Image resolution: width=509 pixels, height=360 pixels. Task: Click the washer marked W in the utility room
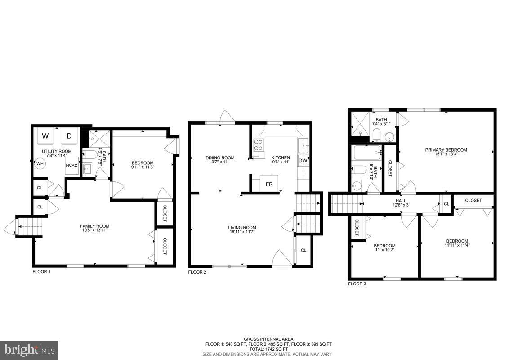click(45, 136)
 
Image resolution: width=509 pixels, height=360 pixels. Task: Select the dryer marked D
click(69, 136)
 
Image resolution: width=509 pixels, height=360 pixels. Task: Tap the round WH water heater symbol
click(40, 163)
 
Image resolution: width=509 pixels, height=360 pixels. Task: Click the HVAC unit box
click(72, 166)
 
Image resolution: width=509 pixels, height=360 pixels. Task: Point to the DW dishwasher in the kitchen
click(303, 161)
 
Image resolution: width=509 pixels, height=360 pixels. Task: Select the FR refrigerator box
click(269, 184)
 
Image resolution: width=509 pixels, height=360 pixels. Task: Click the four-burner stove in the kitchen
click(259, 145)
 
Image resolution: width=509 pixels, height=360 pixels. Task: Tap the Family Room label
click(94, 226)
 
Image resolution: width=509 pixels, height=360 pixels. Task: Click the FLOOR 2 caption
click(197, 272)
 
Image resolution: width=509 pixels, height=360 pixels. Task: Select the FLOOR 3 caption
click(357, 284)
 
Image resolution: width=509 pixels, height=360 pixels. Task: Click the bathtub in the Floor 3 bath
click(367, 153)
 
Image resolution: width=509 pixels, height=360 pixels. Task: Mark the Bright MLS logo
click(29, 350)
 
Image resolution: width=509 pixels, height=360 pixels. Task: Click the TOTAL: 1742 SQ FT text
click(269, 349)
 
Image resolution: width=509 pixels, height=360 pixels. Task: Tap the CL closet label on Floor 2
click(304, 250)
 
